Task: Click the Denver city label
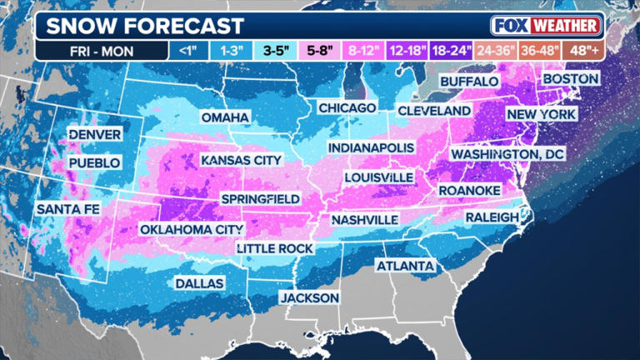tap(95, 134)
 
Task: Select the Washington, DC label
tap(507, 154)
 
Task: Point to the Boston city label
tap(571, 78)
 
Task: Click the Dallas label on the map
tap(199, 283)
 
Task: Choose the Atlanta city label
tap(405, 266)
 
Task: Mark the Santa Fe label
tap(68, 209)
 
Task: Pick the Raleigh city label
tap(492, 217)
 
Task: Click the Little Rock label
tap(274, 248)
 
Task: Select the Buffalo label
tap(468, 82)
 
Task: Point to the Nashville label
tap(364, 219)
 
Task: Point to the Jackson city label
tap(309, 297)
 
